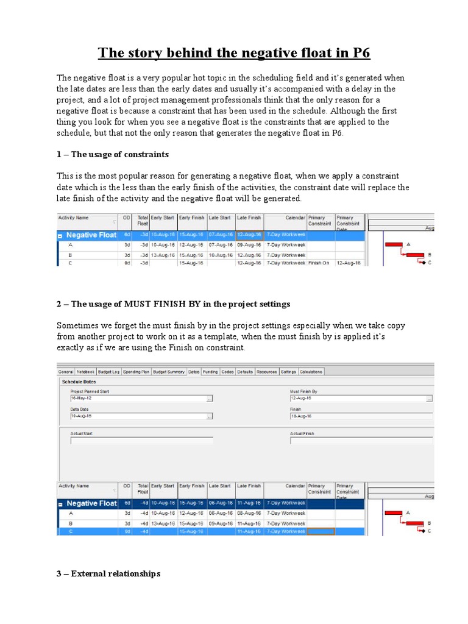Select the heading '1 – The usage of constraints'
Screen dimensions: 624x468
point(113,154)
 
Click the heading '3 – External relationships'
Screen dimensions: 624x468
point(108,573)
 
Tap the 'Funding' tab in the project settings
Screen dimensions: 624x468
point(210,371)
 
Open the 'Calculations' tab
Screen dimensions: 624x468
point(311,371)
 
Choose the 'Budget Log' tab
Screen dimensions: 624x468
point(108,371)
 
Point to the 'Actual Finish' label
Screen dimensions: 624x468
point(302,433)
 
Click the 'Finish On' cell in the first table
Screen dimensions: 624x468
point(319,263)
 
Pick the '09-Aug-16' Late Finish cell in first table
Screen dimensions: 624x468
point(249,245)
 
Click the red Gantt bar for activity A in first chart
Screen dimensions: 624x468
point(394,245)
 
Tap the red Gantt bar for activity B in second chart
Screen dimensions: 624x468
point(414,523)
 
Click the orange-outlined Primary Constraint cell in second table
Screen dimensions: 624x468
point(321,531)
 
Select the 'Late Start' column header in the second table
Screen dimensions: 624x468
point(220,486)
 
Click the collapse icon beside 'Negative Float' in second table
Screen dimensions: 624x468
point(60,504)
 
